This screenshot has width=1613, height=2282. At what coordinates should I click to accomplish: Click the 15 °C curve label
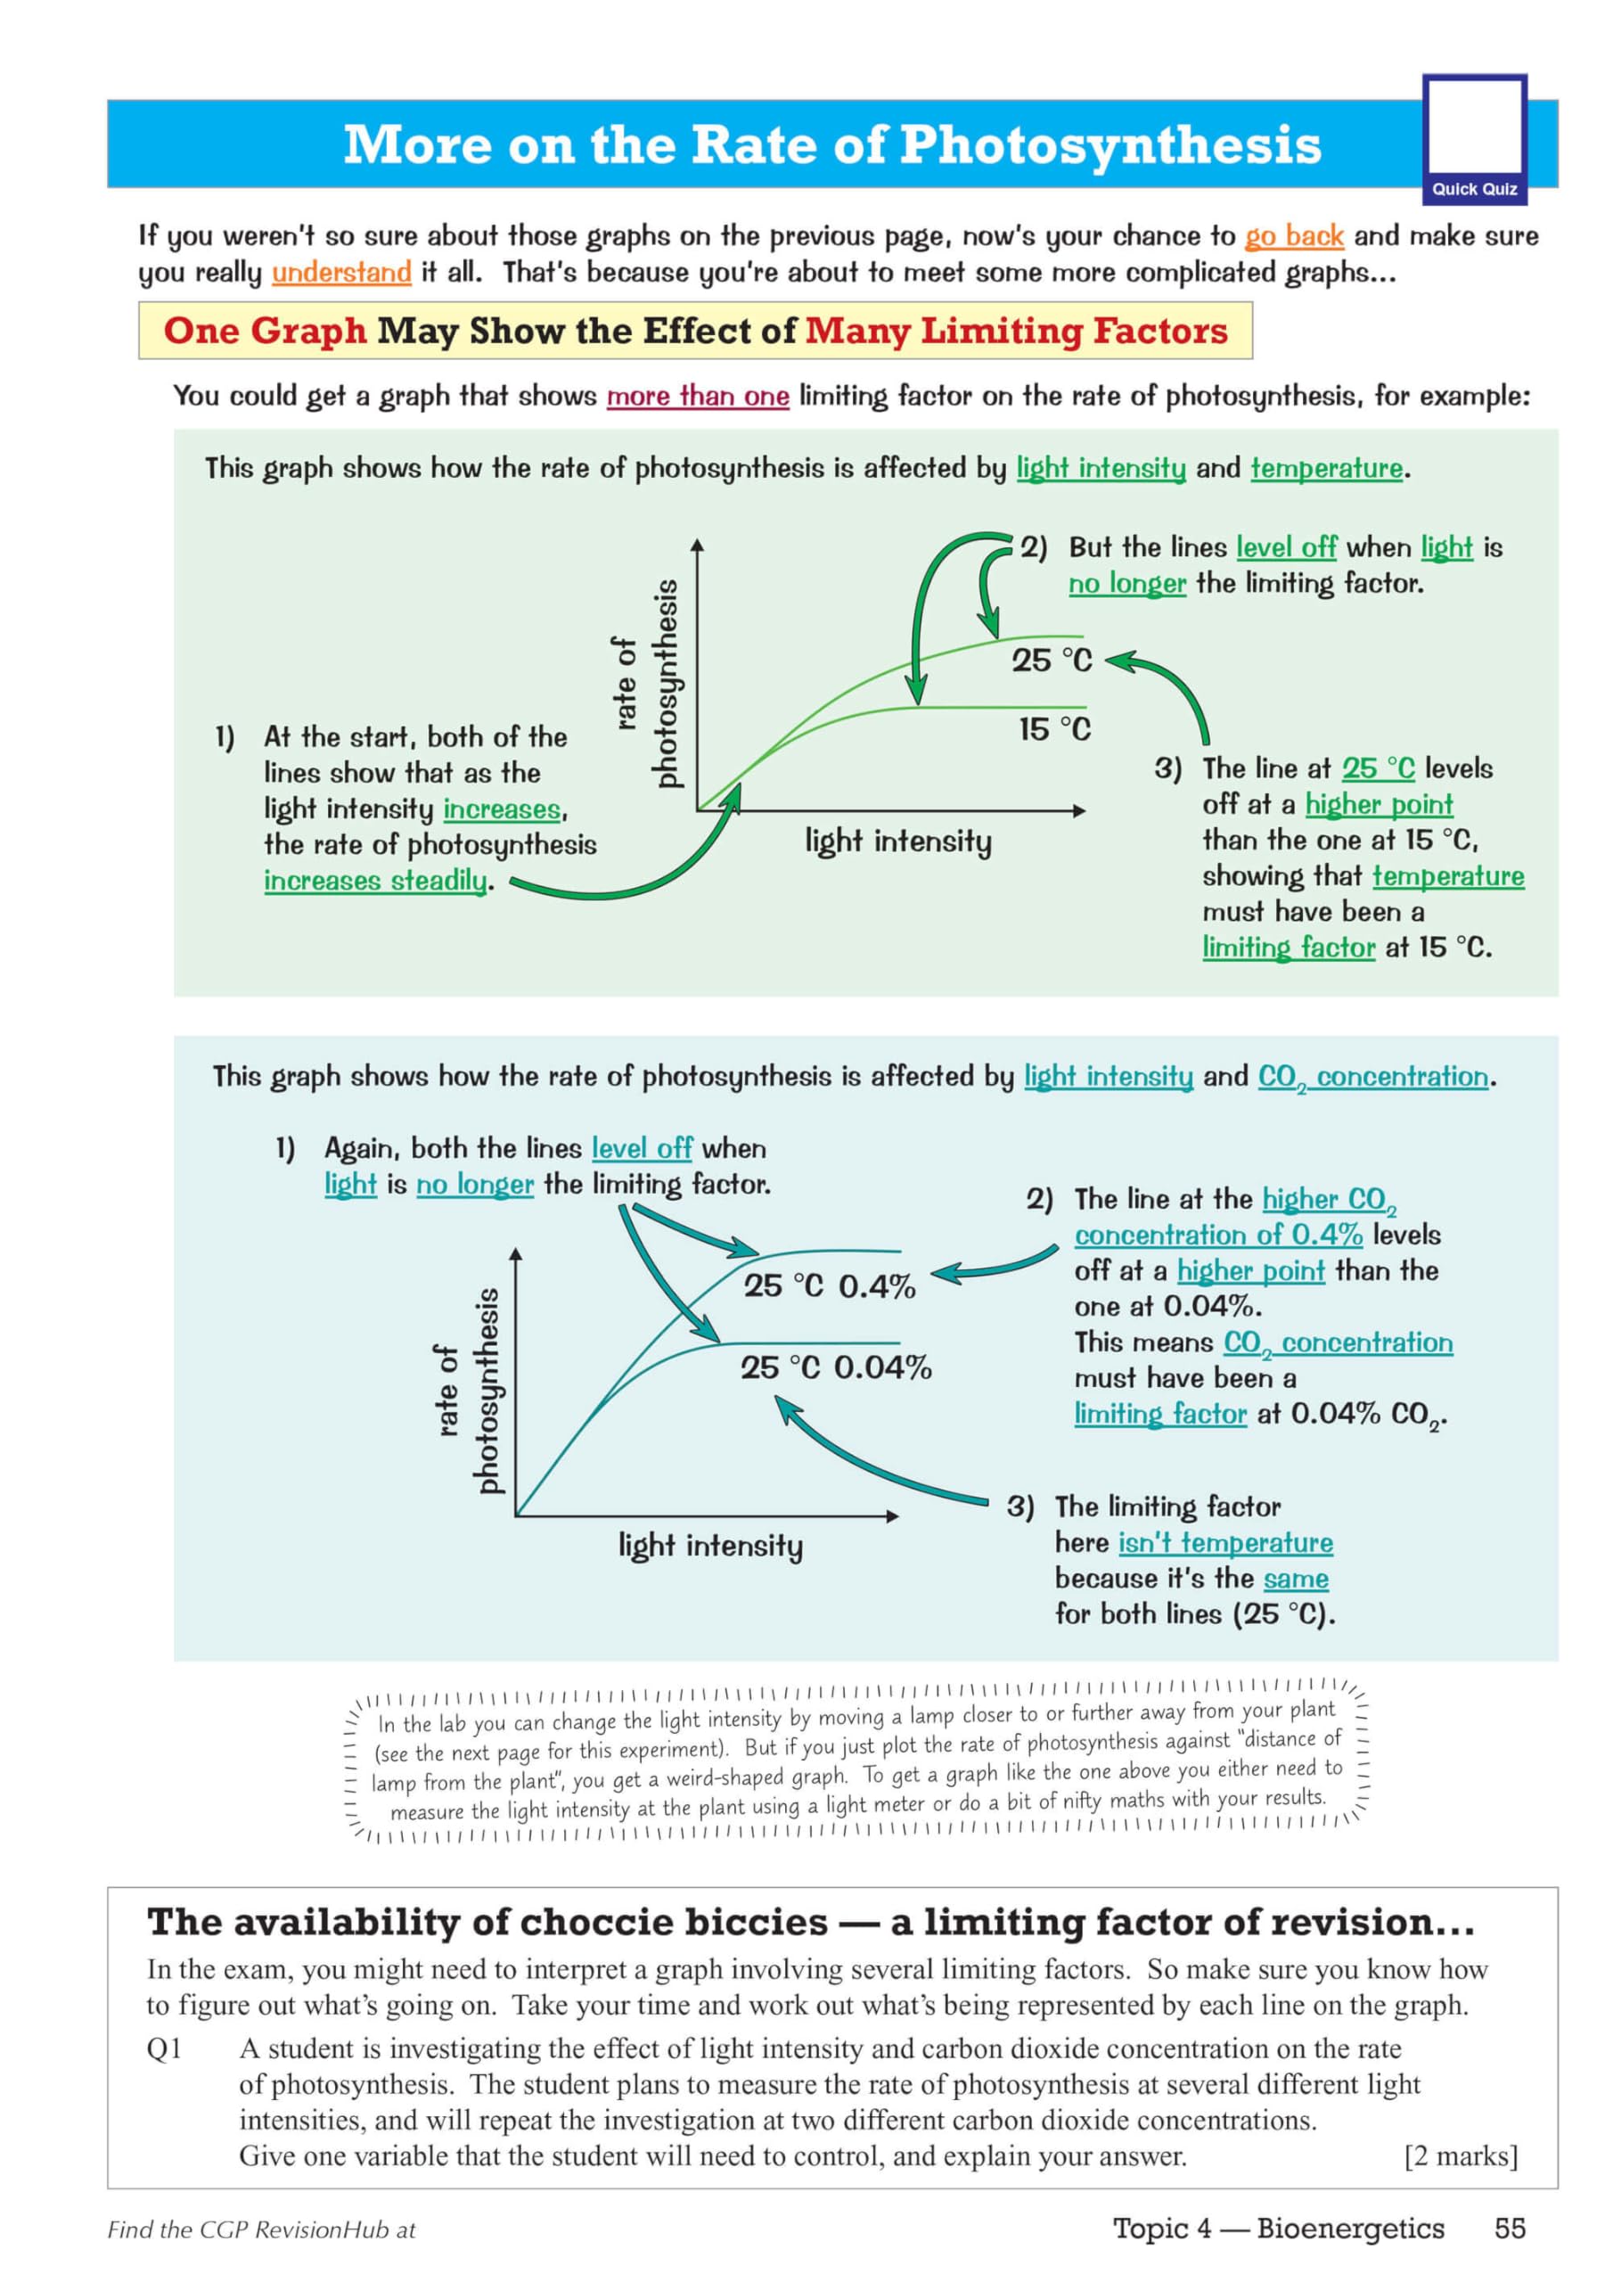[1053, 729]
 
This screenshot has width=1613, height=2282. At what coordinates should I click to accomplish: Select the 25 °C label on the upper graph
[1052, 660]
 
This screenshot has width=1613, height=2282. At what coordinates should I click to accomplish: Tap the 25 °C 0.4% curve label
[829, 1286]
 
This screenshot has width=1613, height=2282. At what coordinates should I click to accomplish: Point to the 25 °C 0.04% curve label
[836, 1367]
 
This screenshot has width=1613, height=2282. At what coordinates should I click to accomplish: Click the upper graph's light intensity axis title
[897, 841]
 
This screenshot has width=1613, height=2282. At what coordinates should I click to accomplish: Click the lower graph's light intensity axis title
[709, 1546]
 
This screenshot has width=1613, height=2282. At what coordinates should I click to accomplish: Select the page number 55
[1509, 2229]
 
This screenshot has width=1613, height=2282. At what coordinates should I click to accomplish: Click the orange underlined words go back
[1294, 236]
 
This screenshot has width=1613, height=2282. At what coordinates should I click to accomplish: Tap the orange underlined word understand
[341, 273]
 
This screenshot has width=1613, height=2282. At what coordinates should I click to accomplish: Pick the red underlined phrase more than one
[698, 397]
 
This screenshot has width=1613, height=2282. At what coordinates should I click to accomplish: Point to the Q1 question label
[164, 2048]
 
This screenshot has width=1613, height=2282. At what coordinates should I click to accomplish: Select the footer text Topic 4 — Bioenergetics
[1278, 2229]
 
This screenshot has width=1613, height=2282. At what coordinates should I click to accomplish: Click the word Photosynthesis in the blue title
[1110, 145]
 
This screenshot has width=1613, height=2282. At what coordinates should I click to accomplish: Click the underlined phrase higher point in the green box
[1379, 804]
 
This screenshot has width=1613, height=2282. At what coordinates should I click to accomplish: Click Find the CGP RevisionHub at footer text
[261, 2230]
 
